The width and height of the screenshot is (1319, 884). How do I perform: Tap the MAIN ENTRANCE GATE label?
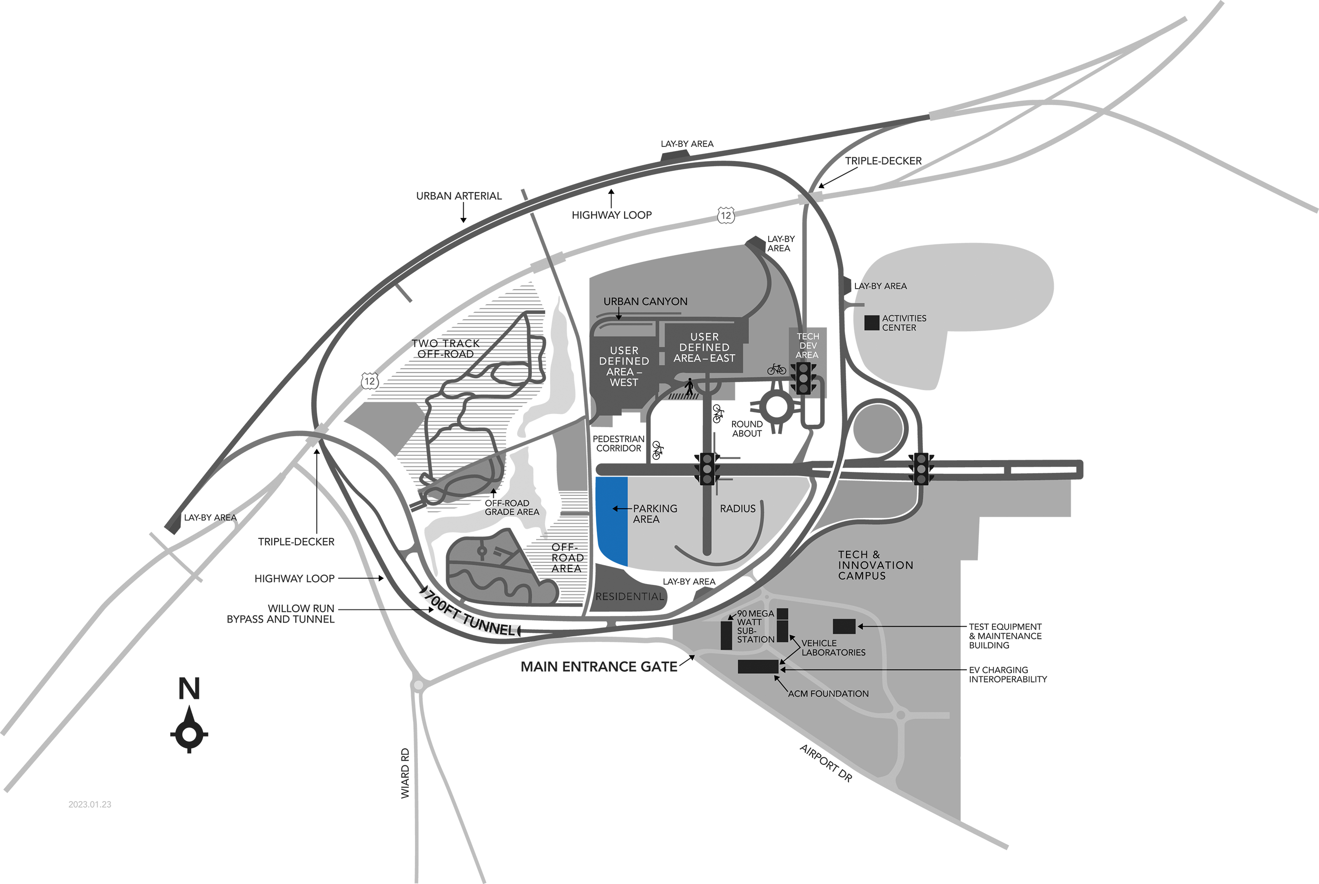coord(599,667)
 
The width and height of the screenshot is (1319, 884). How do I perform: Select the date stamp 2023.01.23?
coord(90,804)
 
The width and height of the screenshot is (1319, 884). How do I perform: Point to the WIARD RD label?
coord(405,773)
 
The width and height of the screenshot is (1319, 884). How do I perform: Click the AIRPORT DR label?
coord(826,763)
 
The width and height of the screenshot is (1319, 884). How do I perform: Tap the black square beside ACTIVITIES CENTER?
coord(872,323)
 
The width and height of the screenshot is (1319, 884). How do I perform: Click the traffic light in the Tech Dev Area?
coord(803,378)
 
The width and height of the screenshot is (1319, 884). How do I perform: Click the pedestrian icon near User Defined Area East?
coord(689,387)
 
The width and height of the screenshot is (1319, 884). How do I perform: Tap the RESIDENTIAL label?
coord(630,596)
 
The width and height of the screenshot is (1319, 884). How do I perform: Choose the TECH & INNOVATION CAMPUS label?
coord(875,565)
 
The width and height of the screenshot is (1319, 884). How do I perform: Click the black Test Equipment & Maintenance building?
coord(844,626)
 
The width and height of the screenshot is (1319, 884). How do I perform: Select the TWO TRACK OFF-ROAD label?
coord(446,349)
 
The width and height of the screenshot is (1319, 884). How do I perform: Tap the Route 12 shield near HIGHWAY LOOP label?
coord(726,215)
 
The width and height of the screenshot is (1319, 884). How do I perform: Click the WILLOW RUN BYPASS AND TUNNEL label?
coord(280,613)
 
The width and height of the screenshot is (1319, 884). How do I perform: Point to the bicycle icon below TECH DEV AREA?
coord(776,369)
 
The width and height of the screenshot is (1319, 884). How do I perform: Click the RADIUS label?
coord(738,509)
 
